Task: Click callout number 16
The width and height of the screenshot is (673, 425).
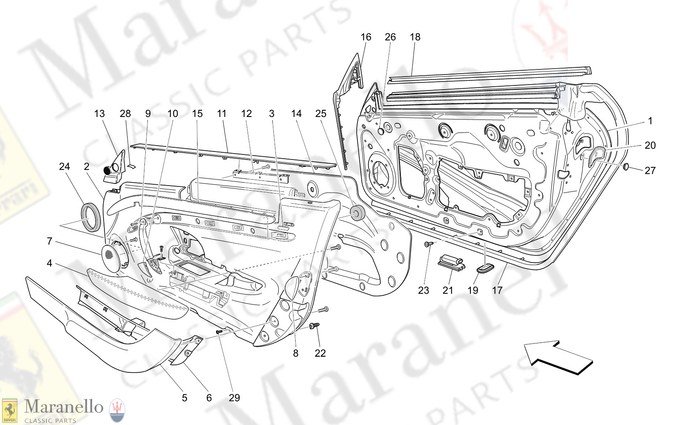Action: pyautogui.click(x=366, y=37)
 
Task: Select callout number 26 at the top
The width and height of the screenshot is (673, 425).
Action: pyautogui.click(x=390, y=37)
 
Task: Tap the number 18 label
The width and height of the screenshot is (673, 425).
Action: pyautogui.click(x=415, y=37)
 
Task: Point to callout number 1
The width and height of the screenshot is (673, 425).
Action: pyautogui.click(x=650, y=121)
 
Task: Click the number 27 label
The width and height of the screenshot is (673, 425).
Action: pyautogui.click(x=650, y=170)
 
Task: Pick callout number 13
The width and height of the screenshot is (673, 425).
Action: pyautogui.click(x=99, y=114)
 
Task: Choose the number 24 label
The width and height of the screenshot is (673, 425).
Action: pyautogui.click(x=64, y=167)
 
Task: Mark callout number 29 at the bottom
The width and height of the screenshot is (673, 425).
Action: pyautogui.click(x=234, y=398)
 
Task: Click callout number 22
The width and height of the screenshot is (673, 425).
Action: pyautogui.click(x=320, y=353)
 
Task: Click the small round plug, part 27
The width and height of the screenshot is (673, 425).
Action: pyautogui.click(x=626, y=167)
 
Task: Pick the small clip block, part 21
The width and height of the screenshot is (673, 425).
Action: pyautogui.click(x=451, y=262)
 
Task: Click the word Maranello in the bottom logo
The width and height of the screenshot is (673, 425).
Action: pyautogui.click(x=64, y=407)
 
